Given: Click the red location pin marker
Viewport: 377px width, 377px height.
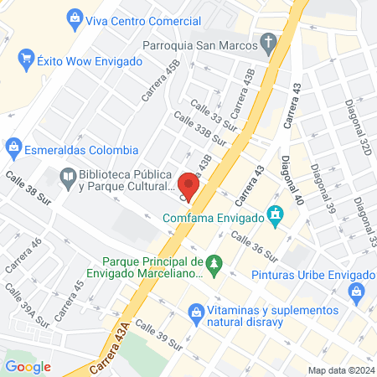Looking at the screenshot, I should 189,186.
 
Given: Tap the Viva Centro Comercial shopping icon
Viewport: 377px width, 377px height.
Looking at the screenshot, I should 76,17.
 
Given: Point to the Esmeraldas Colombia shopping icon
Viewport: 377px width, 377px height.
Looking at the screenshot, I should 13,150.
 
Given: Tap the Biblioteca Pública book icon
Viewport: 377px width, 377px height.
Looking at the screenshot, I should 67,177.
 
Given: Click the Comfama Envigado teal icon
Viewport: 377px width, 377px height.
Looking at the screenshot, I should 274,219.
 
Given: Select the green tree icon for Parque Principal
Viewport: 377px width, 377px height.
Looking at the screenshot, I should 214,265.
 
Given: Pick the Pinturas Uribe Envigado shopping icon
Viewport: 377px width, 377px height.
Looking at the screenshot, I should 357,292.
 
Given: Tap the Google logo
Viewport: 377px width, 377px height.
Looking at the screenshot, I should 28,366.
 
